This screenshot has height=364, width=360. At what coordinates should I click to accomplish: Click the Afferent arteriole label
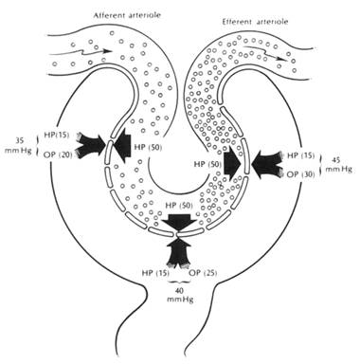click(x=127, y=15)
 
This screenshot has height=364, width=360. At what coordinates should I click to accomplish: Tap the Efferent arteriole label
click(x=255, y=22)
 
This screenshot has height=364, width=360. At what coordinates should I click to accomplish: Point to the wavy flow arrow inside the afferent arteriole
click(x=81, y=52)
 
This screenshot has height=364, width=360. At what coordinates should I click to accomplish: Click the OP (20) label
click(x=59, y=155)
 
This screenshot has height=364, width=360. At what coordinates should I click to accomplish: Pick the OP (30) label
click(x=300, y=174)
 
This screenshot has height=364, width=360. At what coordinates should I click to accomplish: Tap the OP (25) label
click(x=203, y=273)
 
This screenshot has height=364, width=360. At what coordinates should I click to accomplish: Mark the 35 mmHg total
click(x=19, y=144)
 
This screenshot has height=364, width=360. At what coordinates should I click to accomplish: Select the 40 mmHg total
click(x=180, y=295)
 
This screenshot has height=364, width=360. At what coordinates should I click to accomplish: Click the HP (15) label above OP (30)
click(x=300, y=155)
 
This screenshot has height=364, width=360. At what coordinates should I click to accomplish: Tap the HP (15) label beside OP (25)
click(x=154, y=273)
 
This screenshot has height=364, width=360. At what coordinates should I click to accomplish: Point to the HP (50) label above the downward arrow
click(x=178, y=206)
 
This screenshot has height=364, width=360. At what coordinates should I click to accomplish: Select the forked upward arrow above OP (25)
click(x=178, y=252)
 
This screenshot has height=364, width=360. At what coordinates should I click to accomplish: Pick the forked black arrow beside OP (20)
click(x=92, y=145)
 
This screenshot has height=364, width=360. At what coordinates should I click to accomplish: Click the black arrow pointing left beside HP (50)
click(x=122, y=145)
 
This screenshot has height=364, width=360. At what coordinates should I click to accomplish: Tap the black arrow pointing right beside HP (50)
click(x=232, y=164)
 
